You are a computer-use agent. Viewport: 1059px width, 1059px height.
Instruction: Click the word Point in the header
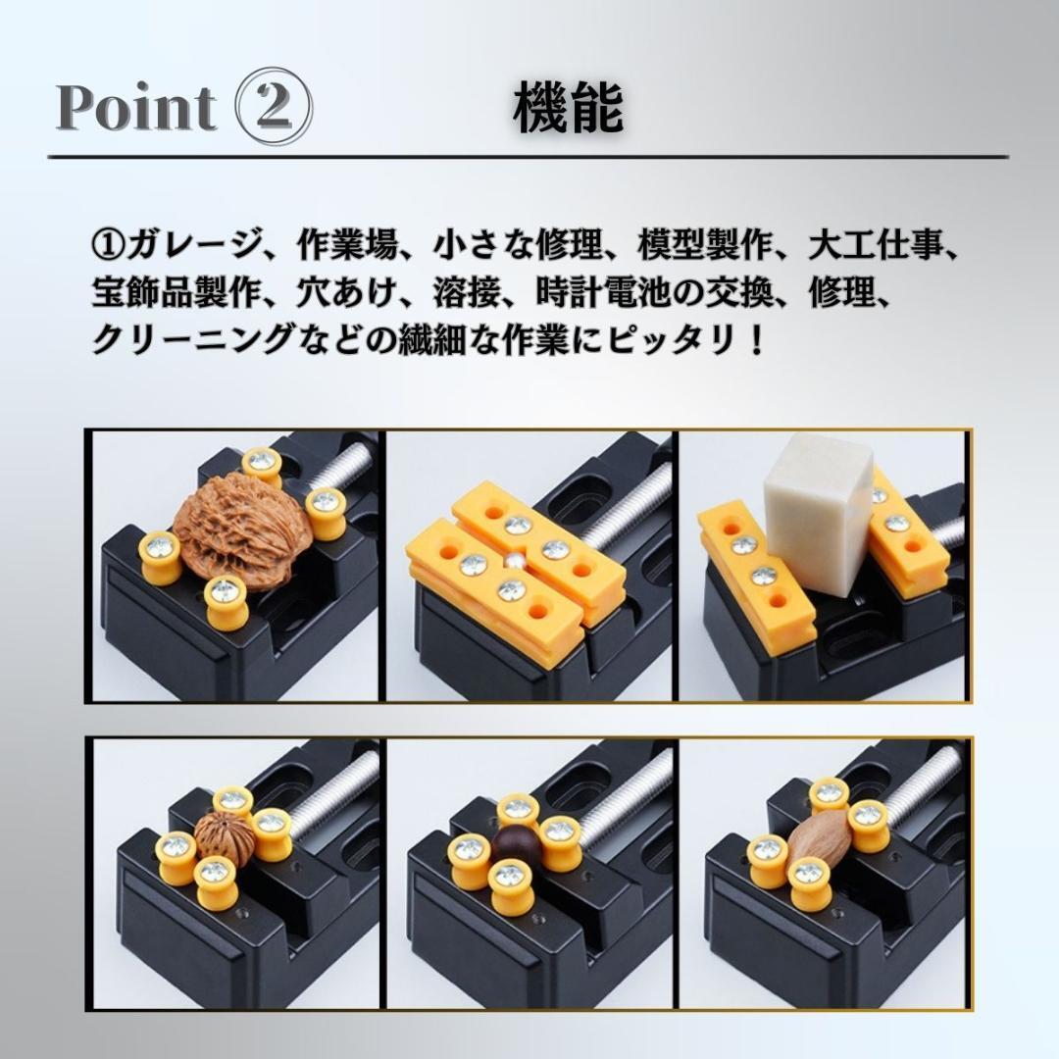point(136,108)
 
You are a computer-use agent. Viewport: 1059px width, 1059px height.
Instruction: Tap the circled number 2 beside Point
point(276,108)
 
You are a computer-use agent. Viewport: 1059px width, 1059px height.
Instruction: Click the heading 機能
point(568,108)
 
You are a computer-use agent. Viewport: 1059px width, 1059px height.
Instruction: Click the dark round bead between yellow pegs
point(512,842)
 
